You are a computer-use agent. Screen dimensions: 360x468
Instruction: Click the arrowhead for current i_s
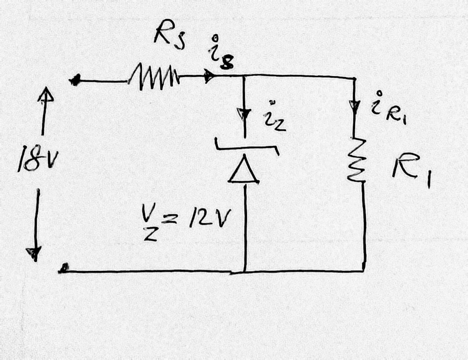pyautogui.click(x=209, y=77)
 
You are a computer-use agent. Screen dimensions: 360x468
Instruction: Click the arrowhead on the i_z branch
pyautogui.click(x=244, y=113)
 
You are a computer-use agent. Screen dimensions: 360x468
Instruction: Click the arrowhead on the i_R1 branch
pyautogui.click(x=355, y=105)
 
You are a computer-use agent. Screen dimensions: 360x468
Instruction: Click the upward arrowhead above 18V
pyautogui.click(x=44, y=97)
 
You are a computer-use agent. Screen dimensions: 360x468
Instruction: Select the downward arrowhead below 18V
pyautogui.click(x=34, y=252)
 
